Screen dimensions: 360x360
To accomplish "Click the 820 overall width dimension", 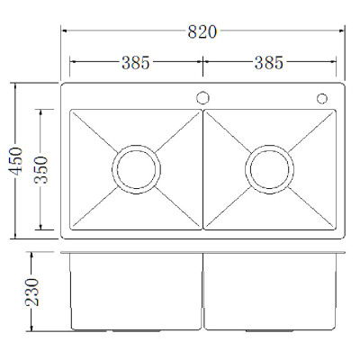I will (x=202, y=32).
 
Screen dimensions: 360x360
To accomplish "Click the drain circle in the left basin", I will (x=136, y=168).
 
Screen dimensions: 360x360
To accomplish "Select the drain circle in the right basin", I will (x=269, y=168).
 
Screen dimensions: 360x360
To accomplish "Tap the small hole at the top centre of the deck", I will (x=202, y=97).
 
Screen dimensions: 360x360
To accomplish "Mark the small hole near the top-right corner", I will (x=321, y=98).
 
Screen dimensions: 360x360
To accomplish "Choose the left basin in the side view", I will (x=135, y=290).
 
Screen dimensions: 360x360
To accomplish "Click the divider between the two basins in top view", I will (x=202, y=168).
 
